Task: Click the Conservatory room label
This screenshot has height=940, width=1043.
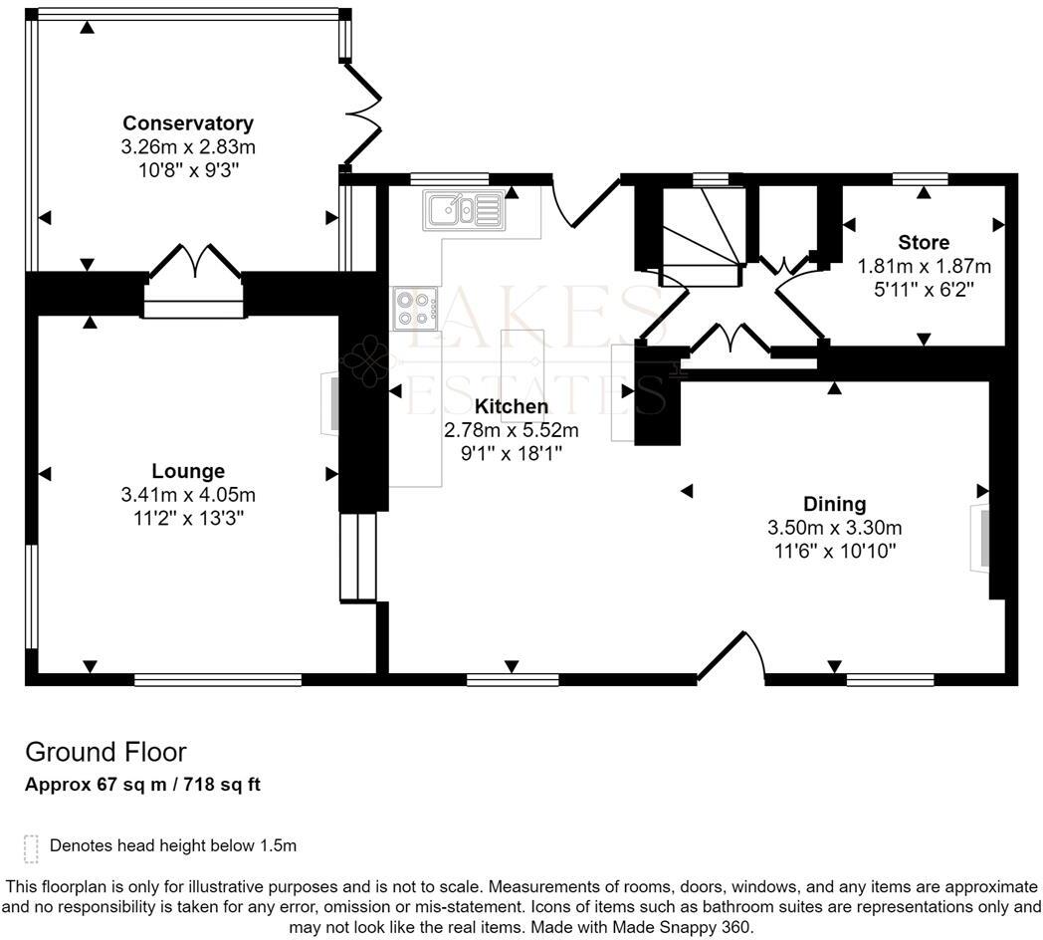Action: pos(187,123)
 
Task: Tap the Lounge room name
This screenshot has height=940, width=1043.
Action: pos(188,471)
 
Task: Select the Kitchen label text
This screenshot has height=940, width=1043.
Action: pos(511,406)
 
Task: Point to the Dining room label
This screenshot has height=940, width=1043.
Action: pos(835,504)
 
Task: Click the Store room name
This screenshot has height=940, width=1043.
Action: pos(923,242)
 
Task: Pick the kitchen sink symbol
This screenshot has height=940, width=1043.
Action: pos(464,209)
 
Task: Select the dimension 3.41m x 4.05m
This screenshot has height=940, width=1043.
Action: pos(188,495)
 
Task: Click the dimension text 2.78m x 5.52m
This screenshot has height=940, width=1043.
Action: pos(511,430)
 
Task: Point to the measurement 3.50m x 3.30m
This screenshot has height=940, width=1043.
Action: pos(835,528)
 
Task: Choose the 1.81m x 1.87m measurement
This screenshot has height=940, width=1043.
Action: pos(924,266)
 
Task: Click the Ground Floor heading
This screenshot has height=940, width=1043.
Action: pos(105,752)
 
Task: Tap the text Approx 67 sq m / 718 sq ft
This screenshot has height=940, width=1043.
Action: pos(142,785)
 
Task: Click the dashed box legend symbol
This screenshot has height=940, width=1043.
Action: pos(31,847)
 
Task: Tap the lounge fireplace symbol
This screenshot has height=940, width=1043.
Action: pos(328,402)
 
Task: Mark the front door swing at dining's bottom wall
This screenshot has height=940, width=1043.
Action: pos(732,657)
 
